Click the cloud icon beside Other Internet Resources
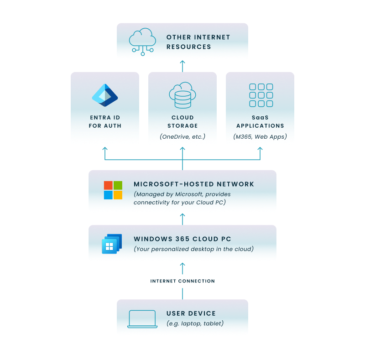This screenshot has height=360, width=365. click(x=142, y=42)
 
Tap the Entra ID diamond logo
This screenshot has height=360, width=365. click(x=105, y=95)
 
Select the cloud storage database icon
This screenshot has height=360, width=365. click(x=182, y=95)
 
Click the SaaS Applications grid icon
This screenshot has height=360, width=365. click(x=261, y=95)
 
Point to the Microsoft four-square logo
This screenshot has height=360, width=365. click(x=113, y=190)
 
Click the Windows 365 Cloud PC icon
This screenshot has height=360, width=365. click(x=112, y=244)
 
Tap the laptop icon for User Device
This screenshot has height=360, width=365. click(x=142, y=319)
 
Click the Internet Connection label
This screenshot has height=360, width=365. click(x=182, y=281)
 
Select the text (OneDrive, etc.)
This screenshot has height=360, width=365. click(x=182, y=136)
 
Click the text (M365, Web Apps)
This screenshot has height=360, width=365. click(x=260, y=136)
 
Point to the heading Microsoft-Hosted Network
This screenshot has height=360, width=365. click(x=193, y=184)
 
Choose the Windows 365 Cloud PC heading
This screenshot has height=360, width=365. click(x=182, y=239)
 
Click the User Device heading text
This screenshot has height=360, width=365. click(x=191, y=313)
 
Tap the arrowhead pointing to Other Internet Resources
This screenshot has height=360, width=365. click(x=182, y=62)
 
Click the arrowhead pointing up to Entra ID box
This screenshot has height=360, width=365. click(x=105, y=148)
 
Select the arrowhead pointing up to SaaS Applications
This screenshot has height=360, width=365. click(x=260, y=148)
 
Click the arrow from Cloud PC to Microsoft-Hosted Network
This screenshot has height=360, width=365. click(x=182, y=219)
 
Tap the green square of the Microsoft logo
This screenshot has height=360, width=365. click(x=118, y=185)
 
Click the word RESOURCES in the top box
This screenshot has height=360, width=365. click(x=189, y=47)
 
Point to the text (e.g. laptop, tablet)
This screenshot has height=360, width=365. click(x=195, y=323)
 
